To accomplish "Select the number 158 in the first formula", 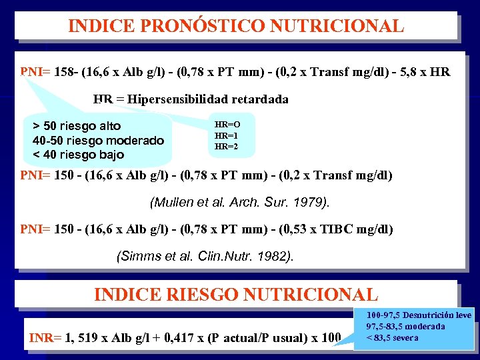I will (65, 72).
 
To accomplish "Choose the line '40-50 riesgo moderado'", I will (98, 141).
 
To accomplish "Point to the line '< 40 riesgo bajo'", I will (78, 155).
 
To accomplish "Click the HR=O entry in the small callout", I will (227, 125).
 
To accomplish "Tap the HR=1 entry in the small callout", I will (226, 135).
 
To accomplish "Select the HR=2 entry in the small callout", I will (226, 146).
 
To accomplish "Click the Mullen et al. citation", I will (239, 201).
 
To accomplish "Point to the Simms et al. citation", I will (205, 255).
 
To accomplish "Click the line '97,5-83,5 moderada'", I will (405, 326).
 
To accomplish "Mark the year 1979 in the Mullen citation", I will (315, 201).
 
